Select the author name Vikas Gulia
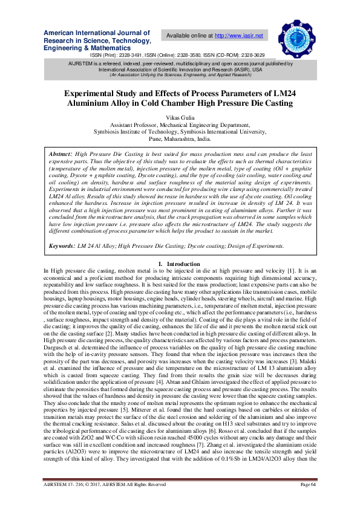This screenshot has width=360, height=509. (180, 115)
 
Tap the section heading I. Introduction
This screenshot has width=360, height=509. (180, 281)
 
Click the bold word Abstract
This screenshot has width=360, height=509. (60, 155)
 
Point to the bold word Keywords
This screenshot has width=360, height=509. (62, 263)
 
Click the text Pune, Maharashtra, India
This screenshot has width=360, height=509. (180, 138)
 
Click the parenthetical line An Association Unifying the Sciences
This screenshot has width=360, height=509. (180, 74)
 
